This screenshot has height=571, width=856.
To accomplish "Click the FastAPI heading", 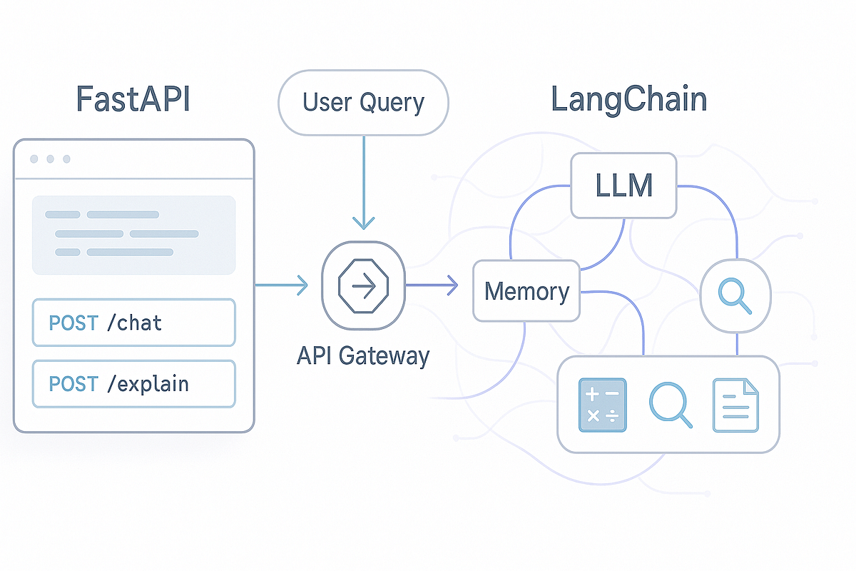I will click(133, 100).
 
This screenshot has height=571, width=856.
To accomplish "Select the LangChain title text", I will click(628, 100).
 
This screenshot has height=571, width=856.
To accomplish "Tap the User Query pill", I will click(363, 102).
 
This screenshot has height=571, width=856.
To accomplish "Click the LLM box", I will click(623, 186).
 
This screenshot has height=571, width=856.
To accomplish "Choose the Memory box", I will click(526, 291).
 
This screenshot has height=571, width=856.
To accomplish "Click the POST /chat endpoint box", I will click(133, 323).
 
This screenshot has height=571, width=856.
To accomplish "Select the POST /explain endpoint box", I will click(133, 383).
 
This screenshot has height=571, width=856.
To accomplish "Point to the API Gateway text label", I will click(363, 355).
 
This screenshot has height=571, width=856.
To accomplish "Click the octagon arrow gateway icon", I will click(364, 287).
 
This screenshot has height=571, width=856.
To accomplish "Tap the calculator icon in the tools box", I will click(602, 405).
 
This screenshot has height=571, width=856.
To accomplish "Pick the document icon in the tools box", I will click(735, 405).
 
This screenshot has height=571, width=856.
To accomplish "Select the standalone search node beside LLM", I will click(735, 294).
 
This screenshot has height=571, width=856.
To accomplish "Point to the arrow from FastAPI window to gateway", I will click(281, 286).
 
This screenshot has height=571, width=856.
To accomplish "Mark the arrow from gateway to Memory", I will click(432, 287).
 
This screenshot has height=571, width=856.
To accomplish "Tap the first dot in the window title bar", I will click(34, 159).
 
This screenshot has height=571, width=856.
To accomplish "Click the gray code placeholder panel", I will click(133, 235).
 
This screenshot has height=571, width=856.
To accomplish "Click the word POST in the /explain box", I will click(73, 384).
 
